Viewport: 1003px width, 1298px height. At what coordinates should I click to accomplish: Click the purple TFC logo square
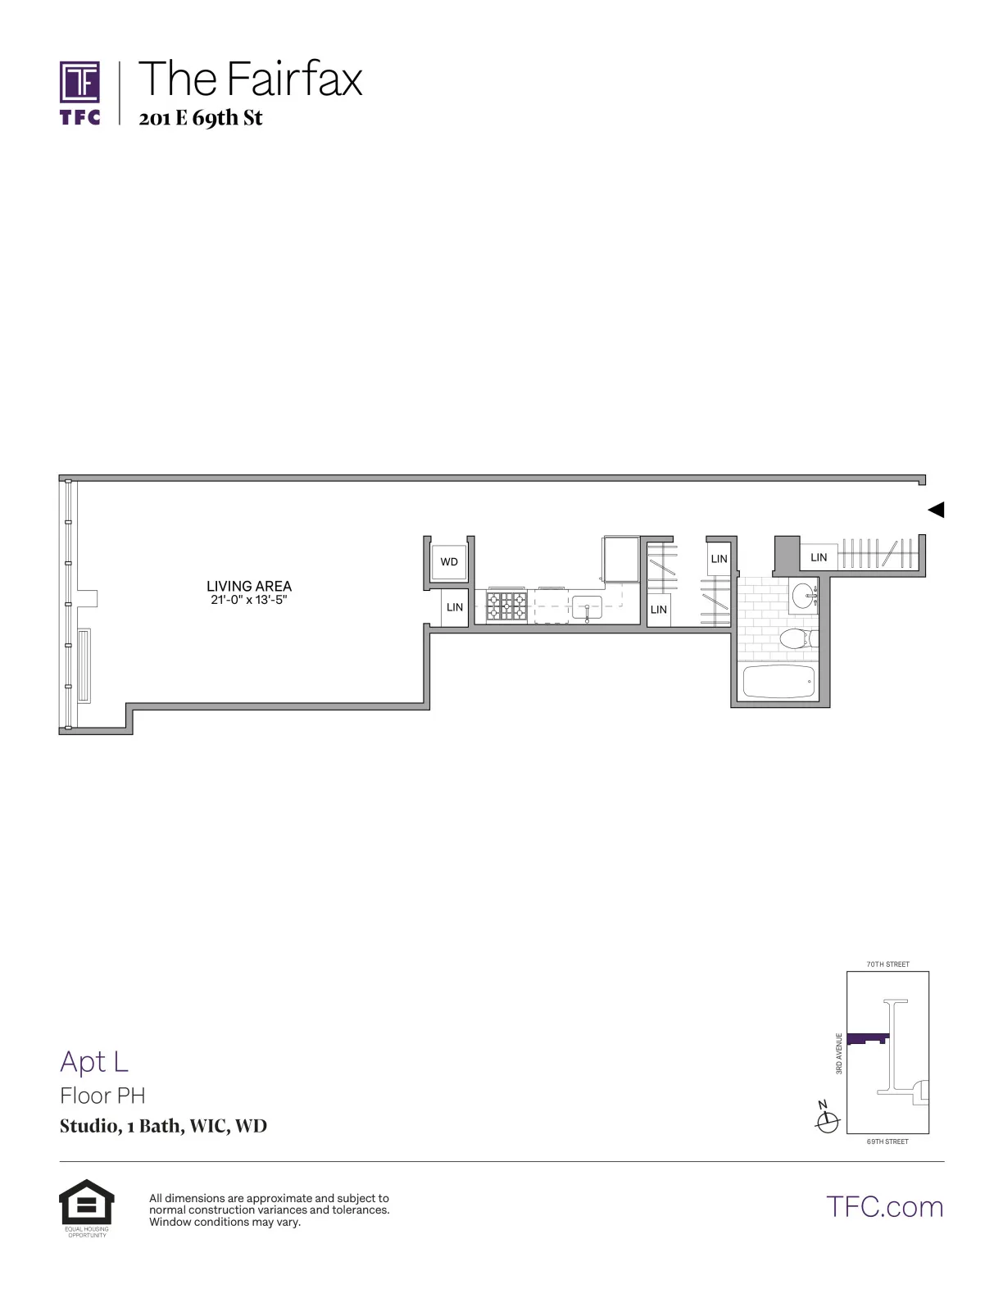click(x=80, y=82)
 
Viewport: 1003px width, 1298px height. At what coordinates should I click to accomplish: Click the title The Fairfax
click(x=250, y=79)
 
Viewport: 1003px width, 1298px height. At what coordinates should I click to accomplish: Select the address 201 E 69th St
click(x=201, y=118)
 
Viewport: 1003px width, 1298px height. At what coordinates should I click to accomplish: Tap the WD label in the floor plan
click(x=449, y=562)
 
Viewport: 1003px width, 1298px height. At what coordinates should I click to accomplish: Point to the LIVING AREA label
click(x=249, y=586)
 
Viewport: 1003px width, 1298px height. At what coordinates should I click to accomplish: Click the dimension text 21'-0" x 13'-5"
click(x=249, y=600)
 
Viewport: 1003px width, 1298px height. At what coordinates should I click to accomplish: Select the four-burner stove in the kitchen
click(x=507, y=607)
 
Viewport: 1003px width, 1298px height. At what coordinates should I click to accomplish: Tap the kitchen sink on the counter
click(x=587, y=609)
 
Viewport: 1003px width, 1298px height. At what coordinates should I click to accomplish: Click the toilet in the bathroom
click(x=798, y=638)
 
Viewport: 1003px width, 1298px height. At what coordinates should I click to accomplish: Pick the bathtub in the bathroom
click(x=778, y=682)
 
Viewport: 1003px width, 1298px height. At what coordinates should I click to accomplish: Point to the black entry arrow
click(x=936, y=510)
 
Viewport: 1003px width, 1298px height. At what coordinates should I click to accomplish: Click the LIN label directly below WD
click(x=455, y=607)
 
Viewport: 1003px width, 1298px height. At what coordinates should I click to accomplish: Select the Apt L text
click(x=94, y=1061)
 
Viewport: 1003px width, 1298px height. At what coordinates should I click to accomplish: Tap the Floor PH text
click(x=102, y=1096)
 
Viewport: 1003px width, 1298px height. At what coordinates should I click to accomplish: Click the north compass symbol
click(x=828, y=1120)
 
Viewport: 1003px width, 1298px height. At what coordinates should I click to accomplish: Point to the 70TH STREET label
click(x=887, y=964)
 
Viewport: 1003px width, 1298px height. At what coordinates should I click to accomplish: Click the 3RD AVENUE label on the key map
click(x=839, y=1053)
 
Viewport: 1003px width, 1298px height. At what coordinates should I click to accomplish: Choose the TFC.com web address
click(x=884, y=1206)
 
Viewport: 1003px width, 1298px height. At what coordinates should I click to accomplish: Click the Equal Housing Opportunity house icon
click(x=86, y=1202)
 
